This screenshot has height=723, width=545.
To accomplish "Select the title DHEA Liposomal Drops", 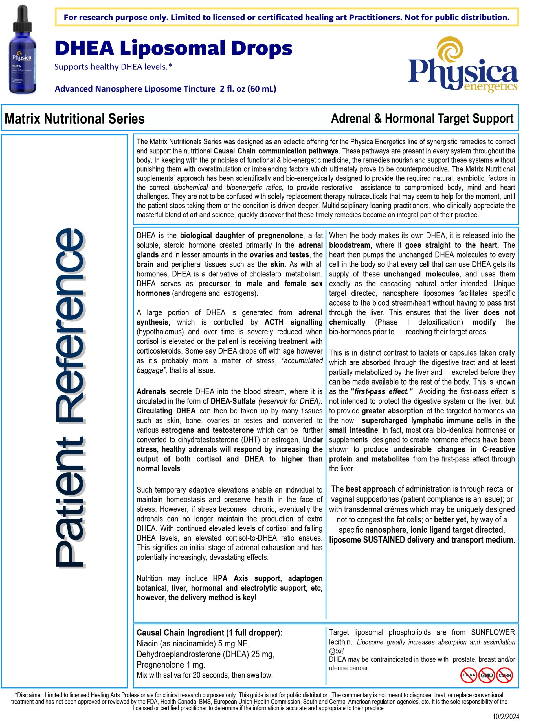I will coord(173,48).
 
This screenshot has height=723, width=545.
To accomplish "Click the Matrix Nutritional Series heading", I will coord(74,119).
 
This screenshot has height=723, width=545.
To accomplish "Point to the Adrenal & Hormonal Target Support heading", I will coord(422,118).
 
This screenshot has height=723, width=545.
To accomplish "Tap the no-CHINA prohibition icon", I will coord(469,675).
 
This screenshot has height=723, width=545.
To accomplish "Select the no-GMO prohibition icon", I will coord(487,675).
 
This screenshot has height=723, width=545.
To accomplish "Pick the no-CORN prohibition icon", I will coord(504,675).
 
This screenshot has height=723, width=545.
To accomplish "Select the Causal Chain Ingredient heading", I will coord(209,632).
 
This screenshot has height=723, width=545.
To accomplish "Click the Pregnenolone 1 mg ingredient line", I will coord(171,665).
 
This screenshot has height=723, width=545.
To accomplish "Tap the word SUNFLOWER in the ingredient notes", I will coord(493,632).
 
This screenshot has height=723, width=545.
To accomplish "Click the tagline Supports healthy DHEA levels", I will coord(113,67).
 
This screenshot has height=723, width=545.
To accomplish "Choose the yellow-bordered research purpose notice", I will coord(286,17).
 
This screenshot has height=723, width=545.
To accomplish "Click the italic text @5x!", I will coord(336,650).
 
